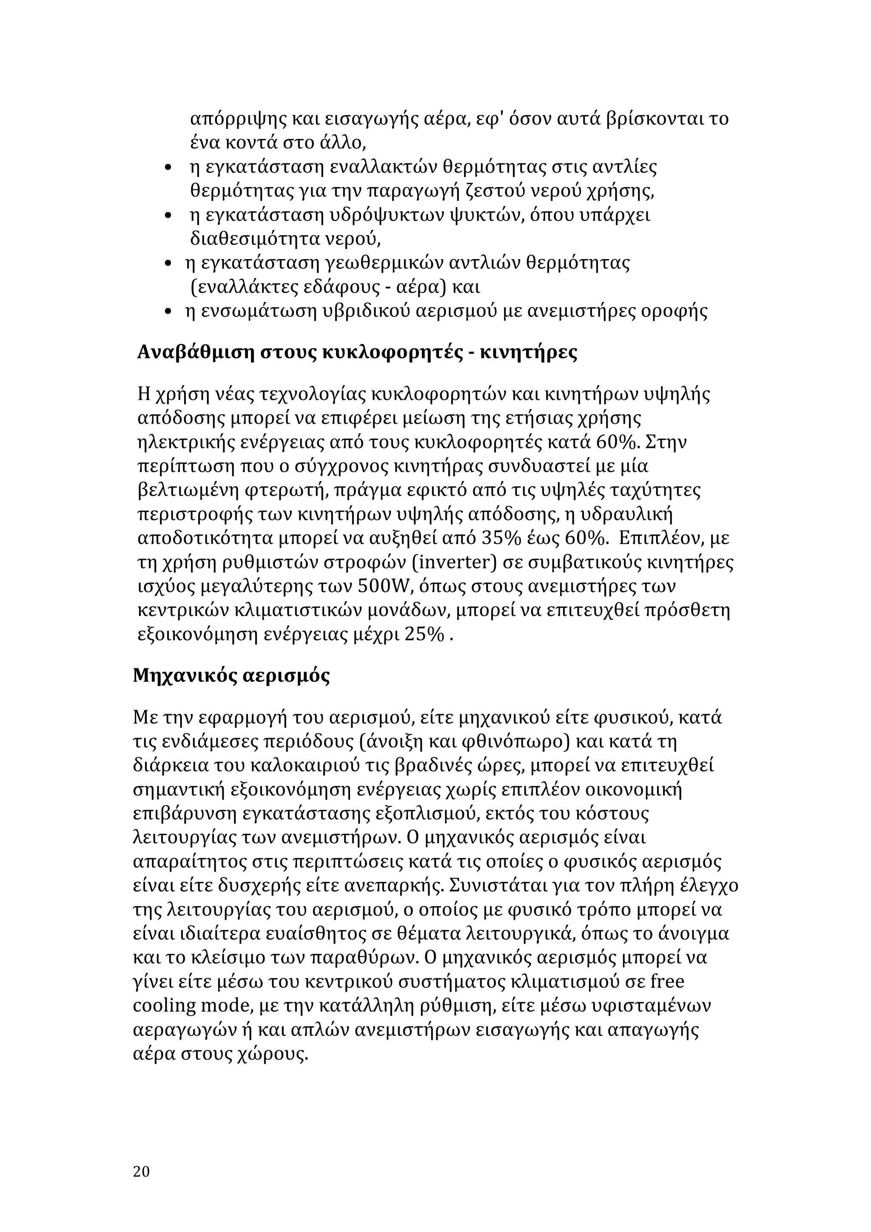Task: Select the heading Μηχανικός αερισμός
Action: click(231, 675)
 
